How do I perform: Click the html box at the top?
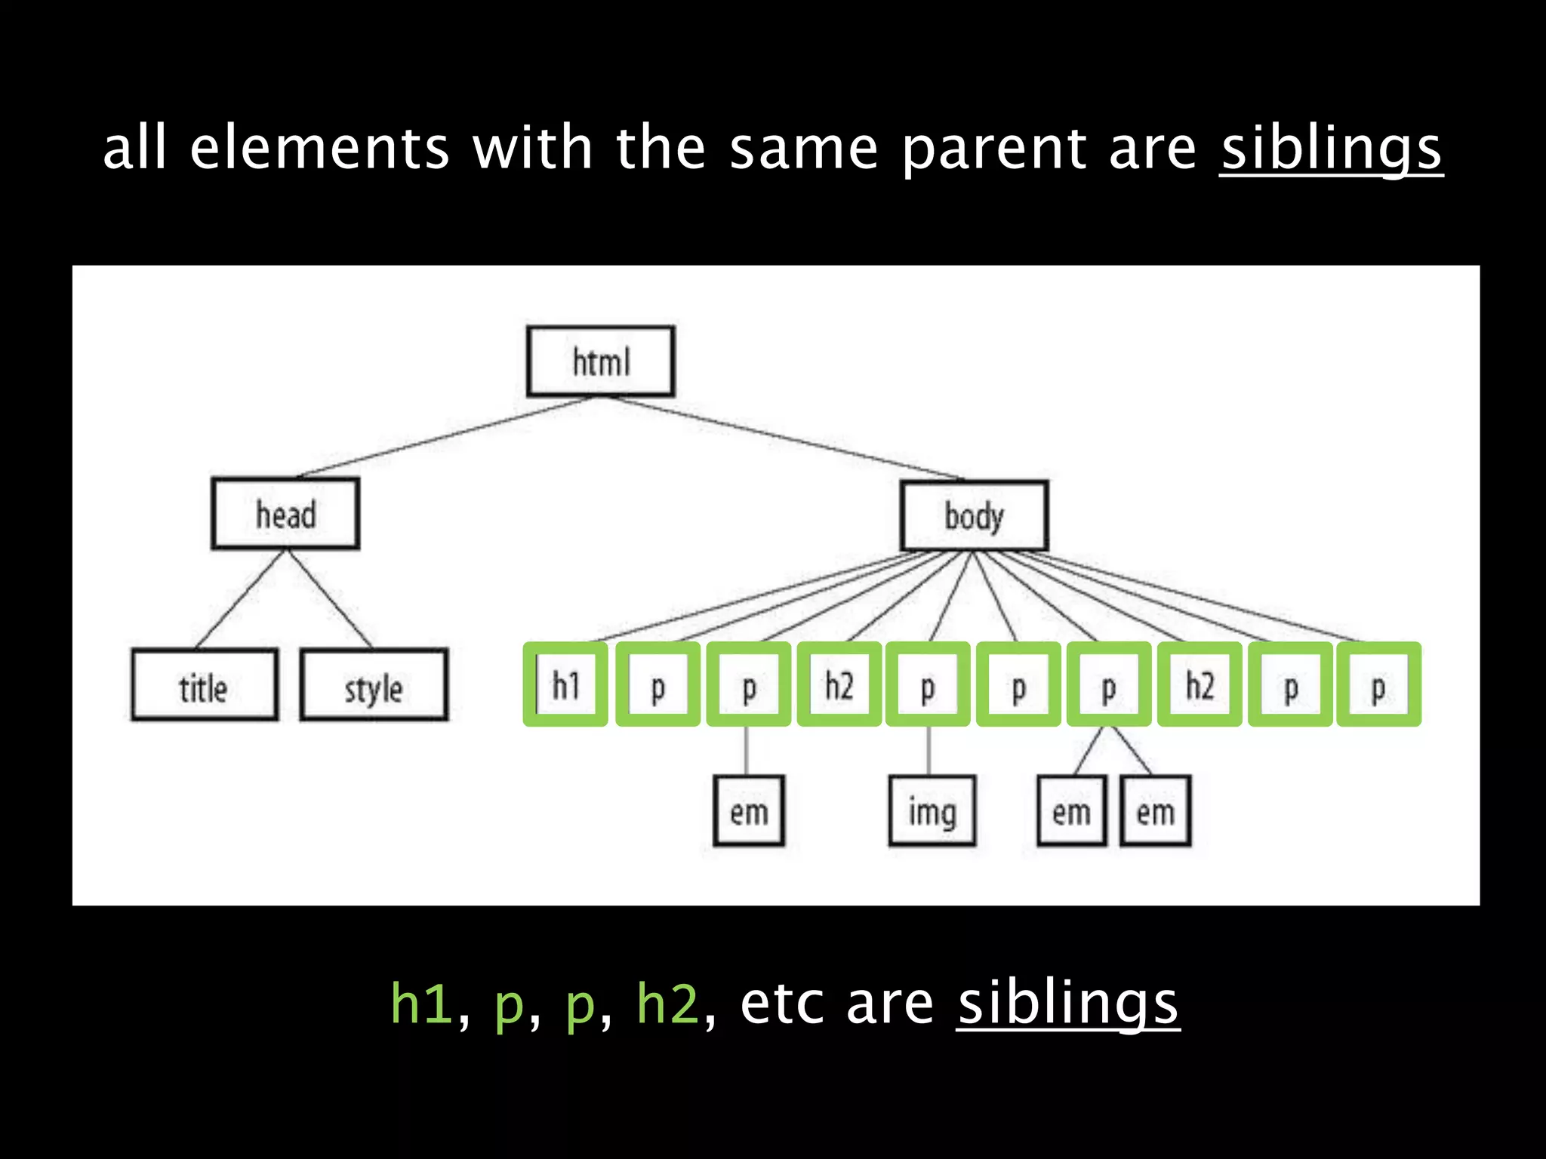600,361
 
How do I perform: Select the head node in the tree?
285,514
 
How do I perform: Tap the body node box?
974,516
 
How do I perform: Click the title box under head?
204,685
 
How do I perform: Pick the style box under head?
374,685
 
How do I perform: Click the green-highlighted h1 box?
565,684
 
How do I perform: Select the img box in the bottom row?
932,811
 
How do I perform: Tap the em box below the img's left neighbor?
749,811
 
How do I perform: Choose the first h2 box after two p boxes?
839,684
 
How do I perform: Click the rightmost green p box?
1378,684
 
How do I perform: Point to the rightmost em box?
1155,811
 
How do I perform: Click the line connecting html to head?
445,437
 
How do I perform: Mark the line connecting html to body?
785,438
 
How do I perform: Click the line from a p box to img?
929,751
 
